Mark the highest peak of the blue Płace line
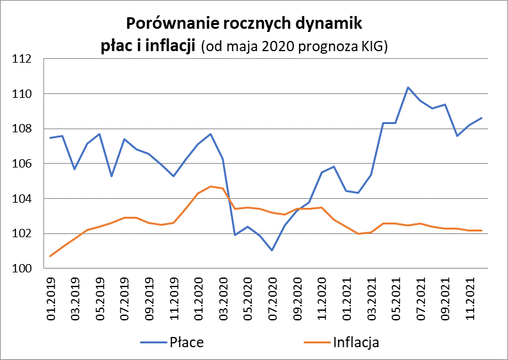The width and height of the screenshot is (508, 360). tap(408, 88)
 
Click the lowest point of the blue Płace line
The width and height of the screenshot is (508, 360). tap(272, 250)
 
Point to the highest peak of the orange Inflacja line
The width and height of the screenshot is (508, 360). tap(210, 186)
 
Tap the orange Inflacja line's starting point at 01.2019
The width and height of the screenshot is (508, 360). tap(50, 256)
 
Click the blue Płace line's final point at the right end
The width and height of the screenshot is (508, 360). tap(482, 118)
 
